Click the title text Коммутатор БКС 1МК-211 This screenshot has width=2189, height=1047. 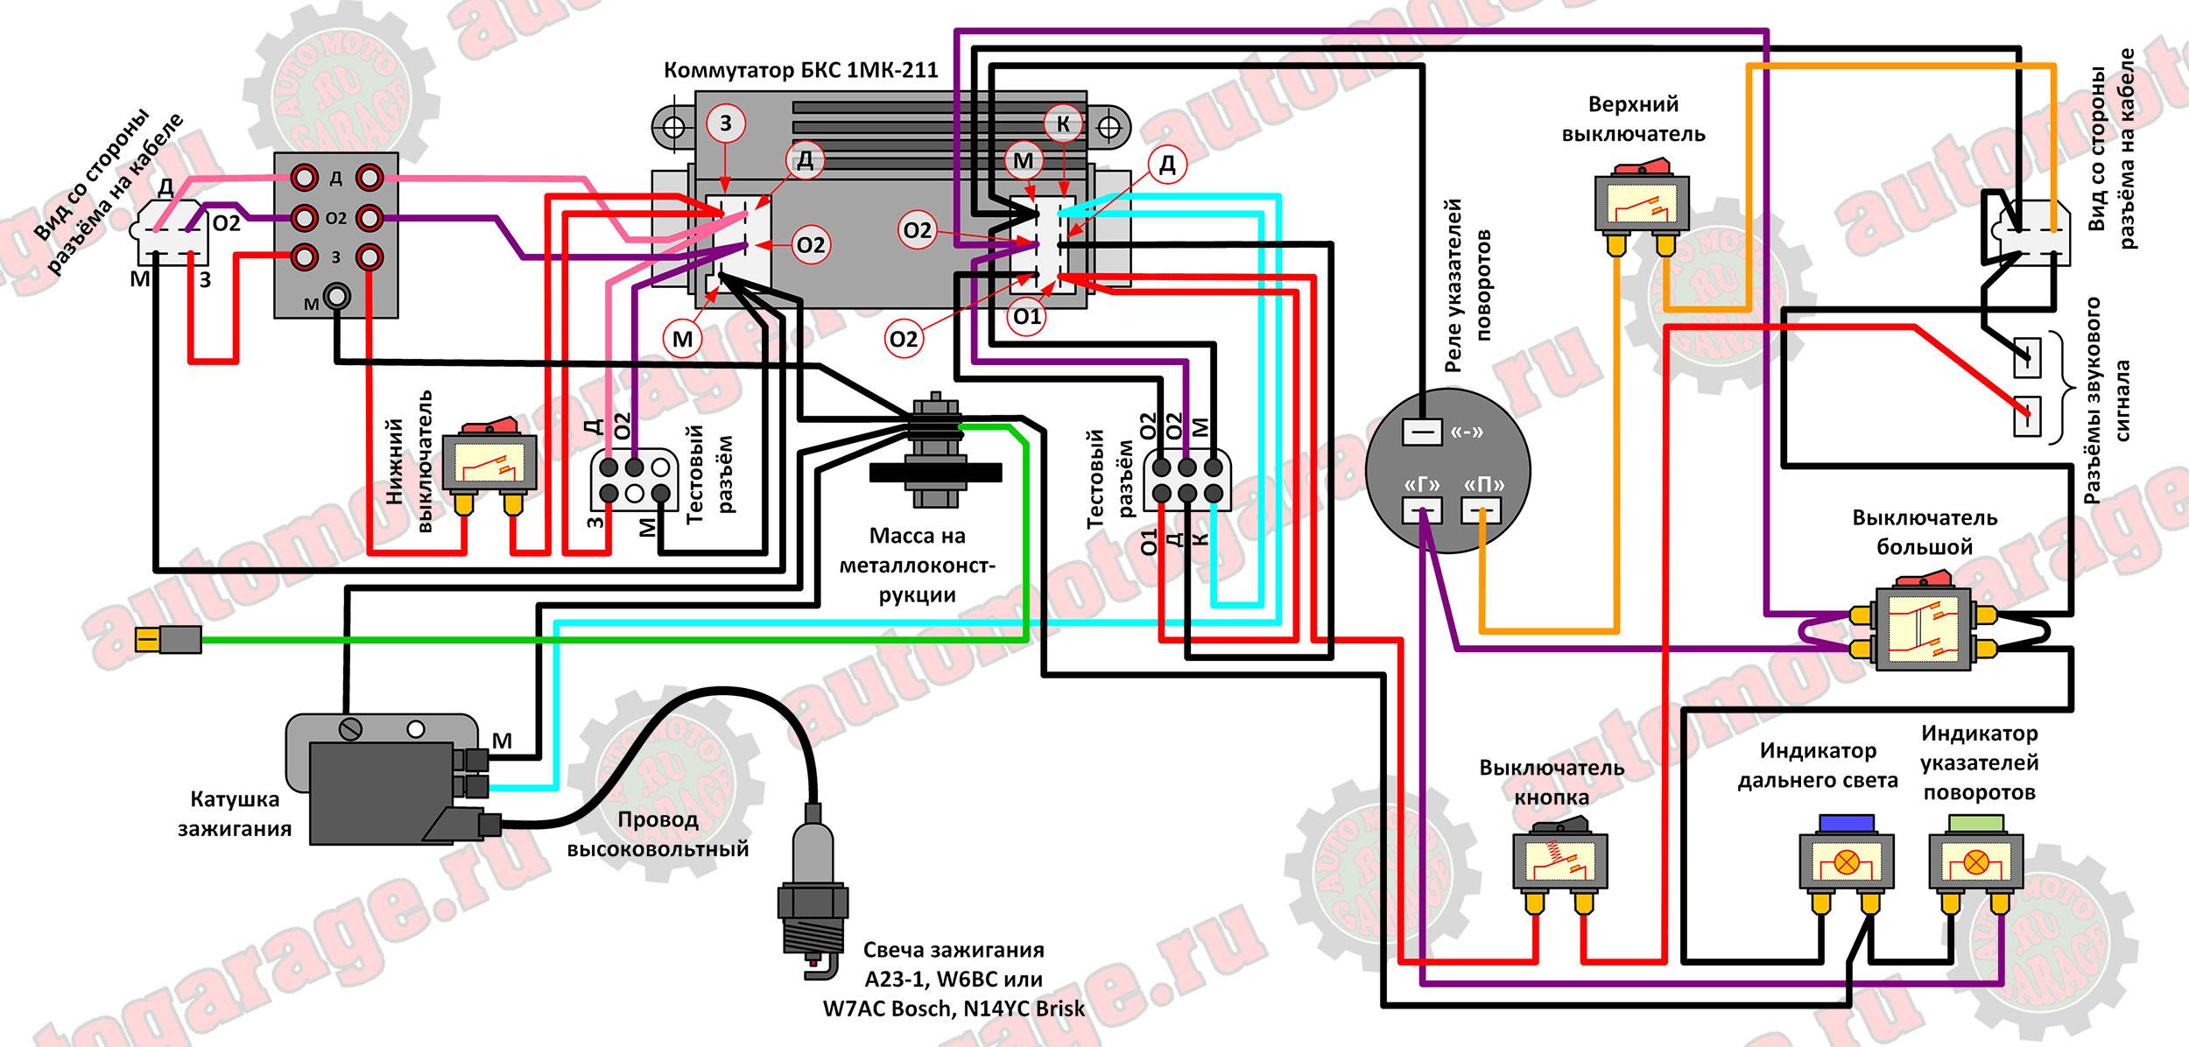click(800, 70)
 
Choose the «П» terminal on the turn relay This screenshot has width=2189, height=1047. click(1482, 509)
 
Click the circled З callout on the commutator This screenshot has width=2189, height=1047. click(726, 124)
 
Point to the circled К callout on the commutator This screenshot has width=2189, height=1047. click(1063, 124)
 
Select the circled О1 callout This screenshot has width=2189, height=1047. click(1026, 316)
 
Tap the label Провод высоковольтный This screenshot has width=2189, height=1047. click(658, 834)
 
